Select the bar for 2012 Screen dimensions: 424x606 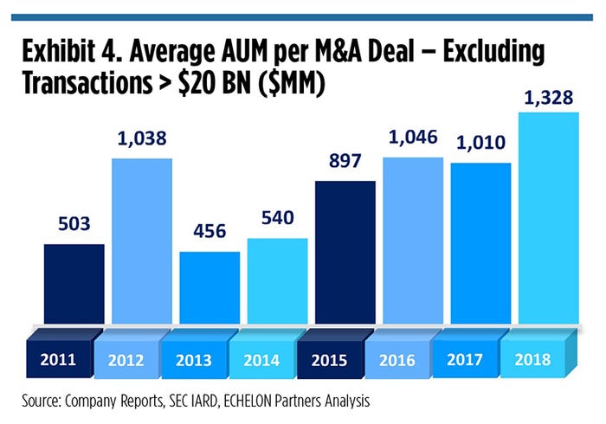142,242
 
